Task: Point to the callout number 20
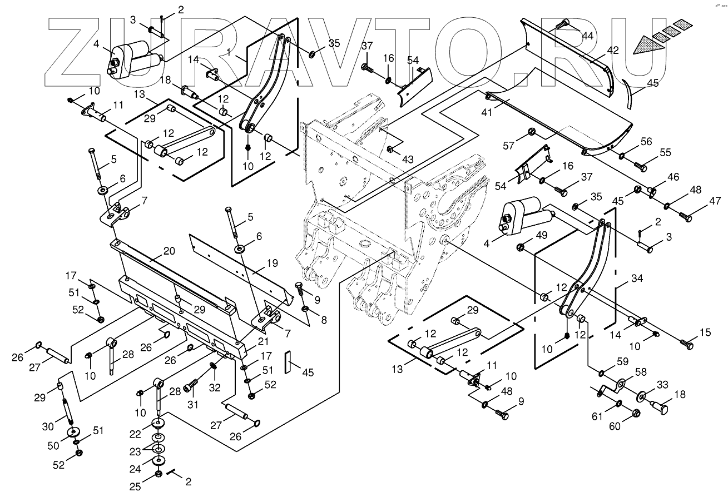169,251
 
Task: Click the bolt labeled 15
687,345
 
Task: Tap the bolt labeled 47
687,218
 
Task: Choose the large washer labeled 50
72,433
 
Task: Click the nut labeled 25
157,474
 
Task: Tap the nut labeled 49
522,247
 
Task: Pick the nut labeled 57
531,132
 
